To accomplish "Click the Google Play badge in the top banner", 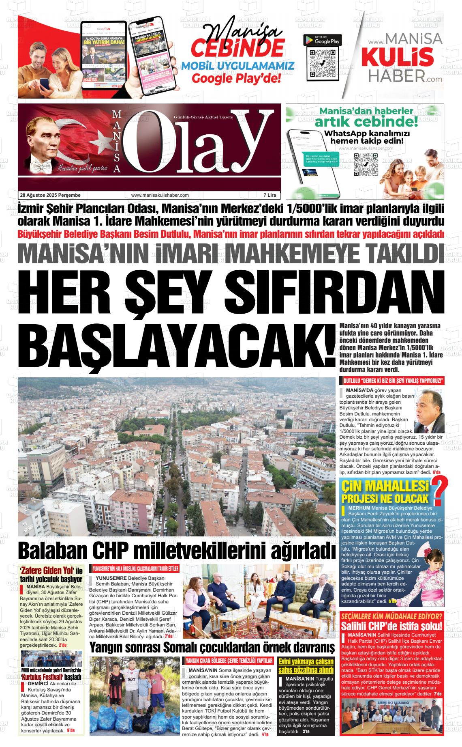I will click(x=322, y=40).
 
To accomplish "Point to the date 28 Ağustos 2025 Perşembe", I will click(x=50, y=195).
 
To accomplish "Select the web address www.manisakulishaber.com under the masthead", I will click(x=160, y=195).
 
